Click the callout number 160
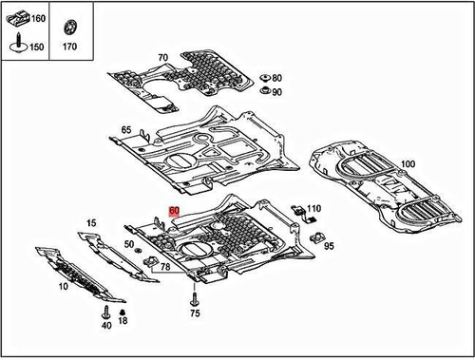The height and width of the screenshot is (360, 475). click(x=37, y=19)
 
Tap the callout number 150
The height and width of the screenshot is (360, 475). click(x=37, y=46)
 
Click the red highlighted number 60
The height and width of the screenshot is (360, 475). click(x=174, y=215)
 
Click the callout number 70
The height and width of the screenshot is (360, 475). click(x=162, y=58)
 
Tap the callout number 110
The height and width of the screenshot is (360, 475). click(x=313, y=208)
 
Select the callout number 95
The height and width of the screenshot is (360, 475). click(x=330, y=246)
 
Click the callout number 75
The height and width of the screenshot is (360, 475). click(x=195, y=313)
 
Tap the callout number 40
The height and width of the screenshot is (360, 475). click(x=105, y=326)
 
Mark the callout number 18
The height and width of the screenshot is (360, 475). click(x=123, y=323)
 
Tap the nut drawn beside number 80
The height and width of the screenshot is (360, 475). click(x=261, y=77)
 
